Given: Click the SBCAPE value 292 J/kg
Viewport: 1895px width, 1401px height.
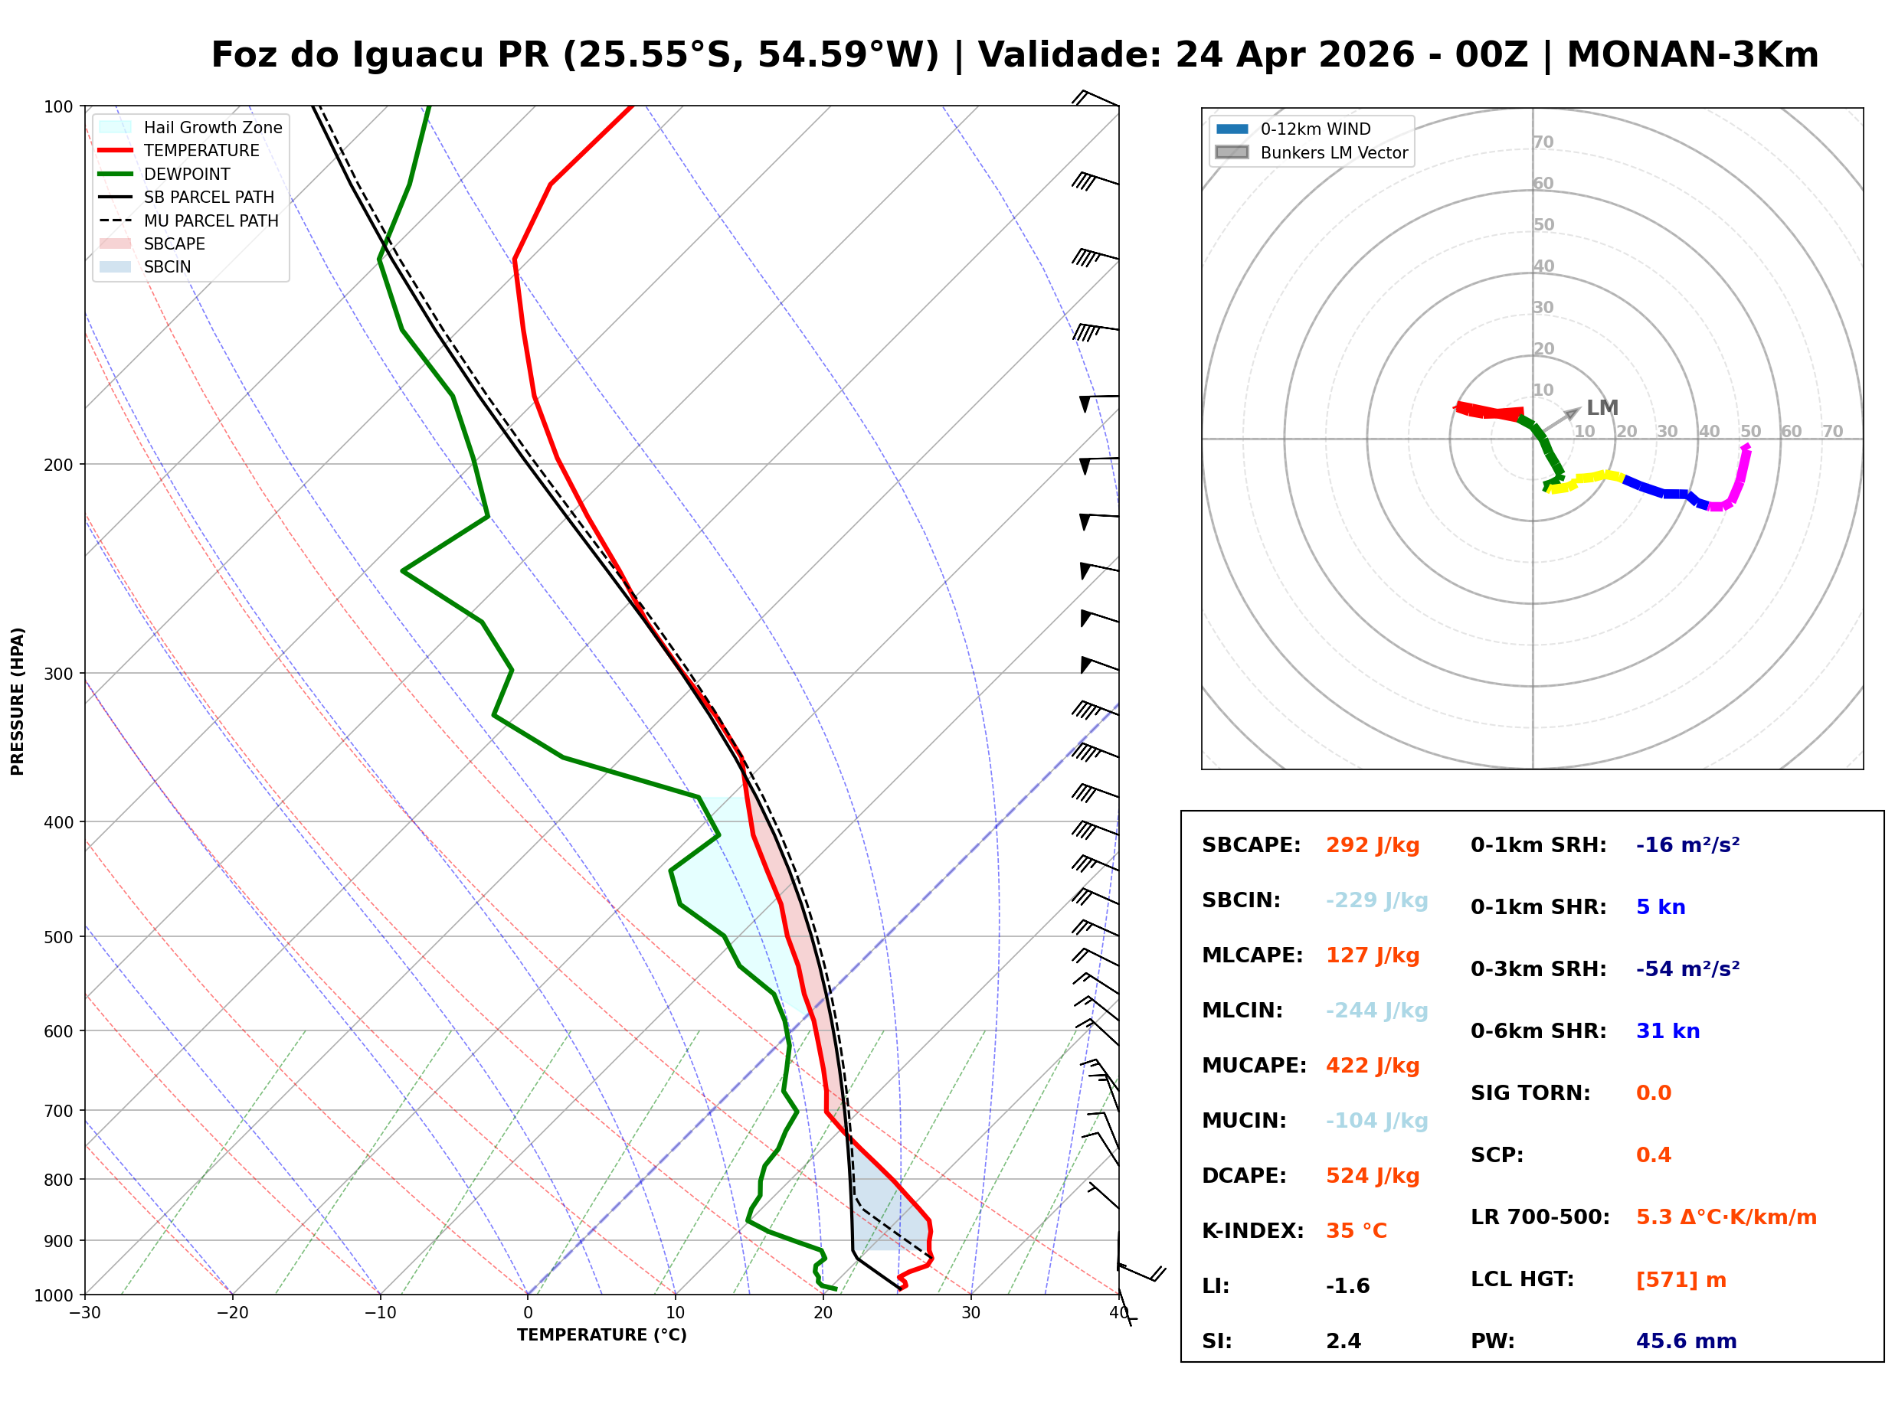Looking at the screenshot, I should tap(1372, 845).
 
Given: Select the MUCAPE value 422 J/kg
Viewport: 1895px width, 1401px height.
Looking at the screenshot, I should tap(1372, 1066).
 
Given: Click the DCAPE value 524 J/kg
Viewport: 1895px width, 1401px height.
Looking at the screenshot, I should tap(1372, 1176).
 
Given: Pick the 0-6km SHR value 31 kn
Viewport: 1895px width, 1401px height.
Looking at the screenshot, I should tap(1667, 1032).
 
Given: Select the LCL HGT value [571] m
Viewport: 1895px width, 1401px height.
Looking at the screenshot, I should tap(1681, 1280).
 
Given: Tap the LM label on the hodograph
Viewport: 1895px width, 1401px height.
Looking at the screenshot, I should tap(1602, 408).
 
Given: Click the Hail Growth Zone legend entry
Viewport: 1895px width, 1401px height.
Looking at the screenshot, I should tap(212, 127).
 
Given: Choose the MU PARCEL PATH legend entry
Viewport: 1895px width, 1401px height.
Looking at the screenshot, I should tap(211, 220).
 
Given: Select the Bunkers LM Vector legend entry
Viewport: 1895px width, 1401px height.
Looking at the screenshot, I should tap(1333, 152).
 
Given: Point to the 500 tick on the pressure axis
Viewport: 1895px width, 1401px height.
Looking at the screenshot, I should tap(60, 937).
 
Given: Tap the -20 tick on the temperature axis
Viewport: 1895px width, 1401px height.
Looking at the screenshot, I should tap(232, 1314).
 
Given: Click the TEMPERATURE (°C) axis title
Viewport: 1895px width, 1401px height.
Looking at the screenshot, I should tap(601, 1336).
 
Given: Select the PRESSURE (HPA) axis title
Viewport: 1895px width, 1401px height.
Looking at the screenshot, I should tap(18, 701).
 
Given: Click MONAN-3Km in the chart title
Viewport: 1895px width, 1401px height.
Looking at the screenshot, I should tap(1691, 55).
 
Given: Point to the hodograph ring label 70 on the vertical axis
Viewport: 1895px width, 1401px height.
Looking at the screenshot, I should tap(1543, 142).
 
